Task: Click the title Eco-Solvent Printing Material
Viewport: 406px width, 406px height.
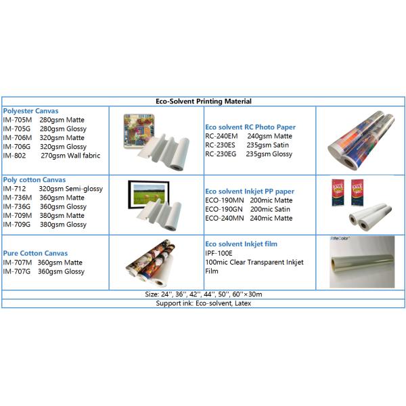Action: tap(204, 101)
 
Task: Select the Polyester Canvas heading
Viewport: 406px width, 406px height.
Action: tap(30, 110)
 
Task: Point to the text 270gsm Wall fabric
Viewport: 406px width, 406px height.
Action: tap(70, 155)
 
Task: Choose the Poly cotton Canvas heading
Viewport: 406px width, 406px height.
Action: tap(35, 179)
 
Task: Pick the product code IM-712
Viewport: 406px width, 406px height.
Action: tap(15, 189)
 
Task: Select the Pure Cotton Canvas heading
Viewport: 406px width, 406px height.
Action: tap(33, 254)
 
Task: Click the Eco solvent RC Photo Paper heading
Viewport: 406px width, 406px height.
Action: tap(250, 127)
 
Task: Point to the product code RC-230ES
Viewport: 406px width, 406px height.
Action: tap(221, 145)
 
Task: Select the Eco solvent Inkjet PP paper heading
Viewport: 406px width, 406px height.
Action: tap(250, 191)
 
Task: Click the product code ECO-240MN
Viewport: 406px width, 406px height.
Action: tap(225, 218)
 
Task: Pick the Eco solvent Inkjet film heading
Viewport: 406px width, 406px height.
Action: tap(241, 244)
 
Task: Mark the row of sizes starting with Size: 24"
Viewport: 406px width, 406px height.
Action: tap(204, 294)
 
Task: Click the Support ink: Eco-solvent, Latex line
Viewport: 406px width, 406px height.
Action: tap(204, 303)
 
